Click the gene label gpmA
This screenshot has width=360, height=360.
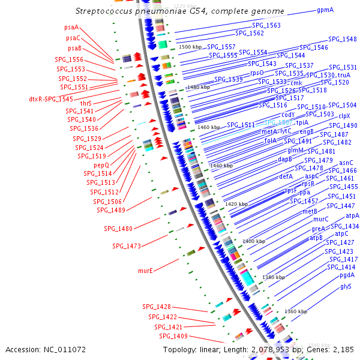(326, 10)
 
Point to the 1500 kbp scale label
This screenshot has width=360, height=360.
(191, 47)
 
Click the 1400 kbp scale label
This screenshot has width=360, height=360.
(253, 241)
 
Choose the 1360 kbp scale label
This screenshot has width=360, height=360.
(296, 311)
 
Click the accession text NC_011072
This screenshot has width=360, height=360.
(65, 349)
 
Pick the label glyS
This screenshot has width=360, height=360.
(346, 286)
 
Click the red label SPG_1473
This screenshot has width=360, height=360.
(126, 246)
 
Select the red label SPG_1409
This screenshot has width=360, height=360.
(173, 336)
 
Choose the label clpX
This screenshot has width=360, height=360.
(344, 116)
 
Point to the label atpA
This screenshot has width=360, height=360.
(352, 215)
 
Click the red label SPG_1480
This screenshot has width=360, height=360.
(118, 228)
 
